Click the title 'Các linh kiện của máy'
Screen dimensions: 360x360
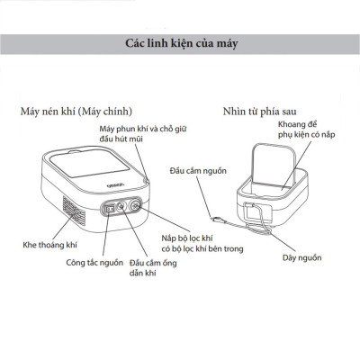click(x=180, y=43)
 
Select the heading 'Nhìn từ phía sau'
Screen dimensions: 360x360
click(x=261, y=112)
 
